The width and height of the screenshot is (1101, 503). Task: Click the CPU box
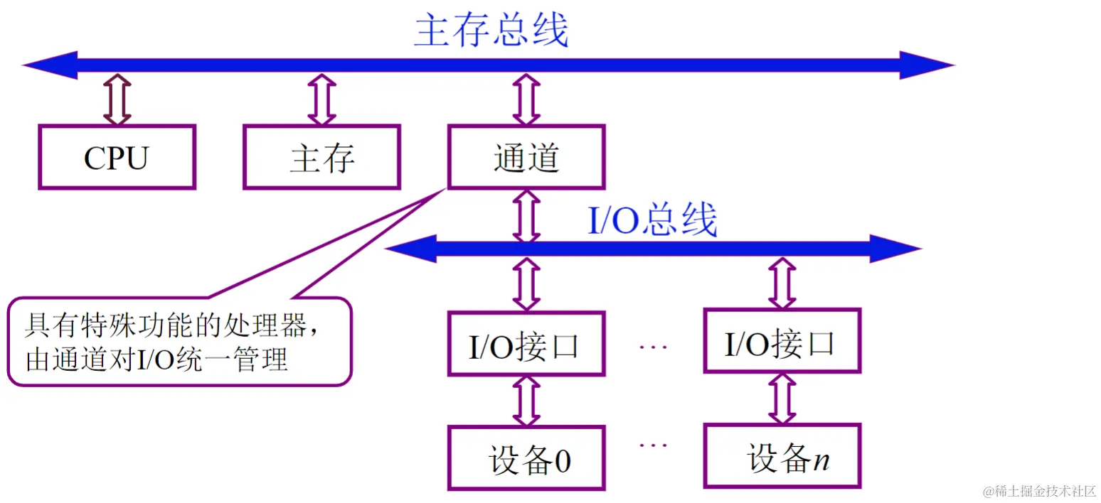117,157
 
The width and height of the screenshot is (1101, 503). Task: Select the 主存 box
321,157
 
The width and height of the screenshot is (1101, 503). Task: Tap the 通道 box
526,157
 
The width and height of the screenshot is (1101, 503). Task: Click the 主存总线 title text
491,31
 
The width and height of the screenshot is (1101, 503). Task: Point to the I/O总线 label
651,221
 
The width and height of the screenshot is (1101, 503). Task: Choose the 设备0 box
526,458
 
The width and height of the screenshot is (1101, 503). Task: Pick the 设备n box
782,457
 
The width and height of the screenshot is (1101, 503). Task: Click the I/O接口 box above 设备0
526,344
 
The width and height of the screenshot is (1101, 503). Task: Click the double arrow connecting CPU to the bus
117,100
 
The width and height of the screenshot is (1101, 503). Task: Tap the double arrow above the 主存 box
321,100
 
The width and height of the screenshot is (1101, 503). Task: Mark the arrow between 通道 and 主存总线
526,100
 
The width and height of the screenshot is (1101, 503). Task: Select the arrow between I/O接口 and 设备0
526,401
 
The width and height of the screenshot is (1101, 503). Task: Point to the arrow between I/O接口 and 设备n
782,399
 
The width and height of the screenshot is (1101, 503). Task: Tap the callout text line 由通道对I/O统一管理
156,359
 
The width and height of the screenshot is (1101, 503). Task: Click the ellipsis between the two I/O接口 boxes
653,346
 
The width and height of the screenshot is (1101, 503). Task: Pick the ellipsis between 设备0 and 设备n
653,445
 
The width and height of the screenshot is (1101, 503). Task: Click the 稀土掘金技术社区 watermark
1040,491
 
